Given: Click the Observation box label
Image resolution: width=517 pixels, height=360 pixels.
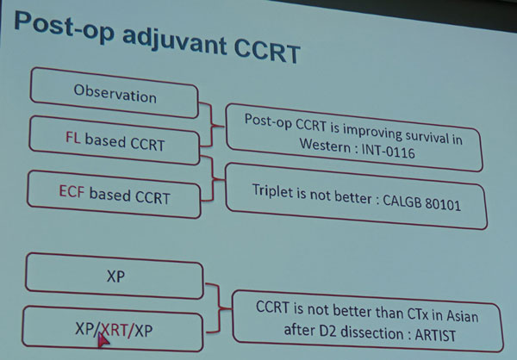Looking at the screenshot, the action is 115,94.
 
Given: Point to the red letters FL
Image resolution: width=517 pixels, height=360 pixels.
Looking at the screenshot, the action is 73,137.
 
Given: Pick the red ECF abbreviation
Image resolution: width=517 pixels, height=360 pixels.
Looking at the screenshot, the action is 72,191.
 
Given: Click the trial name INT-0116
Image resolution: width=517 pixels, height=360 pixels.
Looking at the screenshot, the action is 388,152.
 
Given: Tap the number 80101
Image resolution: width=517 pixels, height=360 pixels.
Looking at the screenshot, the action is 443,204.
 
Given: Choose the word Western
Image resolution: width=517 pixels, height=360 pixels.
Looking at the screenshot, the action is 325,145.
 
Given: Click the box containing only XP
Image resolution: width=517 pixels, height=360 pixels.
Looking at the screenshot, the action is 115,276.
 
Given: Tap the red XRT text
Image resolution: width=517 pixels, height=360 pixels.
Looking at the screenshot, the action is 114,329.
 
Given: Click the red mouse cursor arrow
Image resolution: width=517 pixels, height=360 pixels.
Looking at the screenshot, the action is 103,339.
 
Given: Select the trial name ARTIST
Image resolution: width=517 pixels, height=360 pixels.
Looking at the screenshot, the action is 435,335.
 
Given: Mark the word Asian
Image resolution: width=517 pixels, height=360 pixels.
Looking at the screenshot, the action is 462,316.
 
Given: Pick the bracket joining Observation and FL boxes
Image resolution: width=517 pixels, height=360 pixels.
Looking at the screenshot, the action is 212,125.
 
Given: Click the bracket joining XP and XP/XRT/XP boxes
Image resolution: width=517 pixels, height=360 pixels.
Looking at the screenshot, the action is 219,308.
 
